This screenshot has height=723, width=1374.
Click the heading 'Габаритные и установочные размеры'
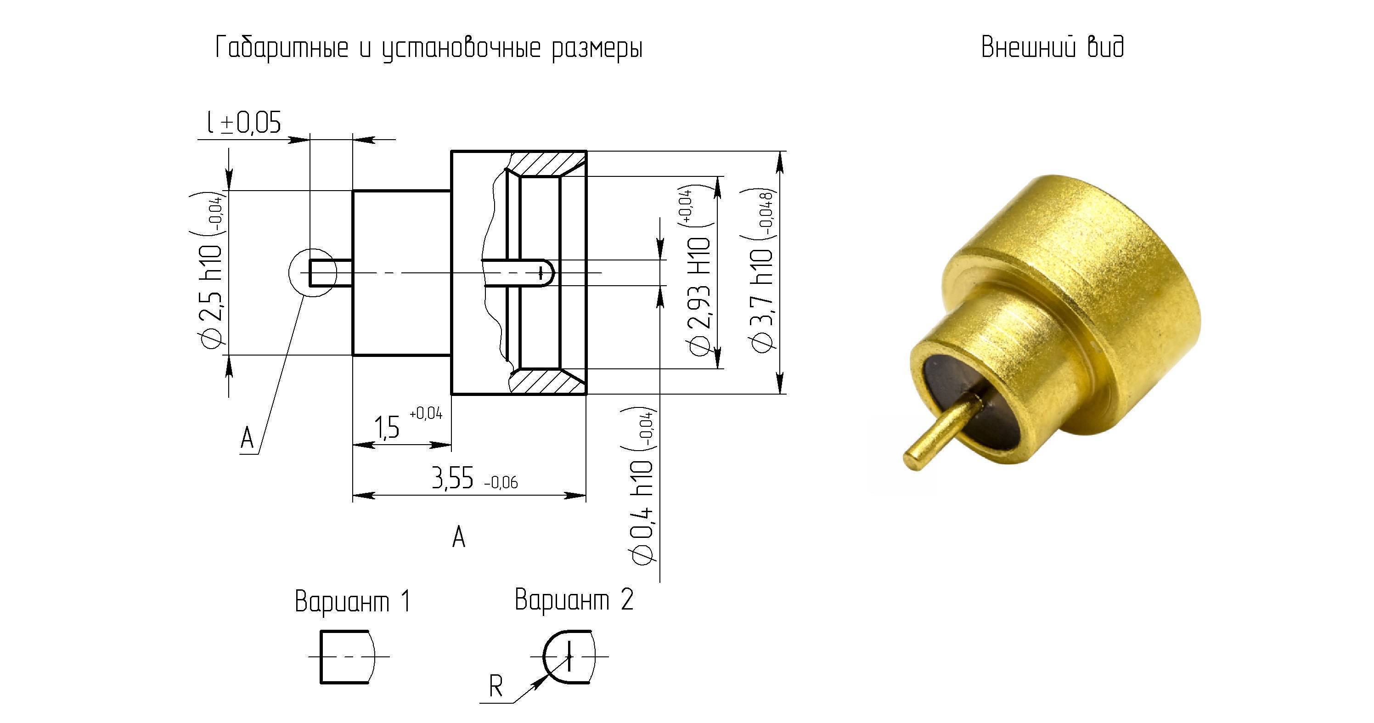[429, 49]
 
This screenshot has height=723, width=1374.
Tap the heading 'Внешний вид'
[1053, 47]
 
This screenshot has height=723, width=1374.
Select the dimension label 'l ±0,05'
[244, 123]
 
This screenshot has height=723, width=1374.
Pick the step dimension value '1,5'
[387, 427]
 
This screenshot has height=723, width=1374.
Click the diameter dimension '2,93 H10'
[700, 296]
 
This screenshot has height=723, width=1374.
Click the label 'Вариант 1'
[353, 601]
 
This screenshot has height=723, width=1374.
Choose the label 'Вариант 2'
[574, 599]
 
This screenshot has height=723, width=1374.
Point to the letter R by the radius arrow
[496, 686]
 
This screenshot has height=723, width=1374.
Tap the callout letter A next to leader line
[247, 439]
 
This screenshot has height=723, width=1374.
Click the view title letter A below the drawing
[459, 537]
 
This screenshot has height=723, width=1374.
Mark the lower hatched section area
[544, 382]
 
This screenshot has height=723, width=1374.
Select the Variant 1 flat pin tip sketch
[348, 657]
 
